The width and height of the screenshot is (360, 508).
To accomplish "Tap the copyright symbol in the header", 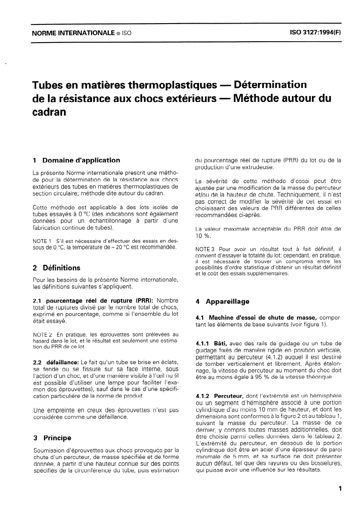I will click(118, 34).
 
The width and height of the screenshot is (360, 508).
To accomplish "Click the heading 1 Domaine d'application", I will click(77, 160).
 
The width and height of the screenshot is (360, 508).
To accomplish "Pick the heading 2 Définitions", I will click(57, 267).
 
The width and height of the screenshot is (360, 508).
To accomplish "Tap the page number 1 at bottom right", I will click(340, 489).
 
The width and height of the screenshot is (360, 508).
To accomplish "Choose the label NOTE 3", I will click(205, 250).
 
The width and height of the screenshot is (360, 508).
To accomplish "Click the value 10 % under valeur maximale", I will click(203, 236).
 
